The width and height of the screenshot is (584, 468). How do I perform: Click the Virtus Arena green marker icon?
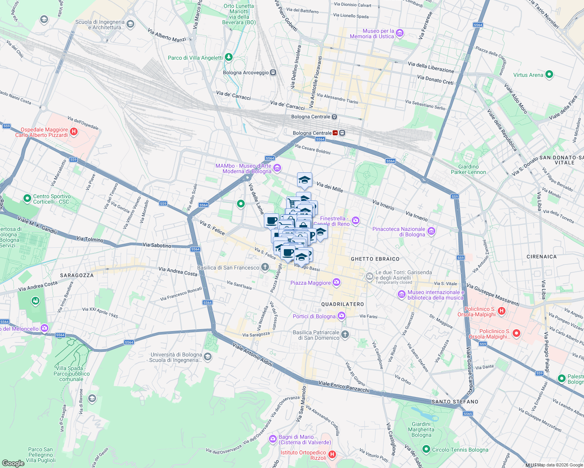[549, 74]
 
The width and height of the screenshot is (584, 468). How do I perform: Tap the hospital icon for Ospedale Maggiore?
[74, 132]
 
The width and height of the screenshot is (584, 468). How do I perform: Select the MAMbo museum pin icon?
[277, 168]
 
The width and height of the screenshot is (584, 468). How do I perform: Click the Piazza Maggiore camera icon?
[337, 282]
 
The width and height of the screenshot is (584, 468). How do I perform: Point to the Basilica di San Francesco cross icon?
[265, 267]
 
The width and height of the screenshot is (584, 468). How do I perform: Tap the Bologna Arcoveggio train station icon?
[273, 73]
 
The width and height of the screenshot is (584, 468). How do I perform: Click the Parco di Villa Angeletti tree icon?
[229, 57]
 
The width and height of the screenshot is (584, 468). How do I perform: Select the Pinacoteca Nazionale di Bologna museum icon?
[431, 231]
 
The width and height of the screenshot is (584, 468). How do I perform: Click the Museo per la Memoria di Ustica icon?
[400, 33]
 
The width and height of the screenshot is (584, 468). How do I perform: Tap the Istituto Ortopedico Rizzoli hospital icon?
[332, 454]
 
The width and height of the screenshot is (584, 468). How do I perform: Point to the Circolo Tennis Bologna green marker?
[426, 449]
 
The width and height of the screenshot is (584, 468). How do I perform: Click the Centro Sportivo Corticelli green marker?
[27, 199]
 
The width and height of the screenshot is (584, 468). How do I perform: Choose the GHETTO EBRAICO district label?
[375, 259]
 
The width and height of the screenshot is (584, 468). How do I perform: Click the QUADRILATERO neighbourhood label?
[342, 304]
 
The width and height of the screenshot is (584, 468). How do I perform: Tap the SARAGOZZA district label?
[77, 275]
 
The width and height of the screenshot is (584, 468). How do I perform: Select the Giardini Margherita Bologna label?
[421, 429]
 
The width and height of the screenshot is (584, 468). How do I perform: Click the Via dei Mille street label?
[329, 187]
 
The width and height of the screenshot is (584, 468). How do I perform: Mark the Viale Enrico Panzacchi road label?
[344, 386]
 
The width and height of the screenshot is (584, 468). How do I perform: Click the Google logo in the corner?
[13, 463]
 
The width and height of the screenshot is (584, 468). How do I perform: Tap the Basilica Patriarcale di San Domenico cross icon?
[345, 334]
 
